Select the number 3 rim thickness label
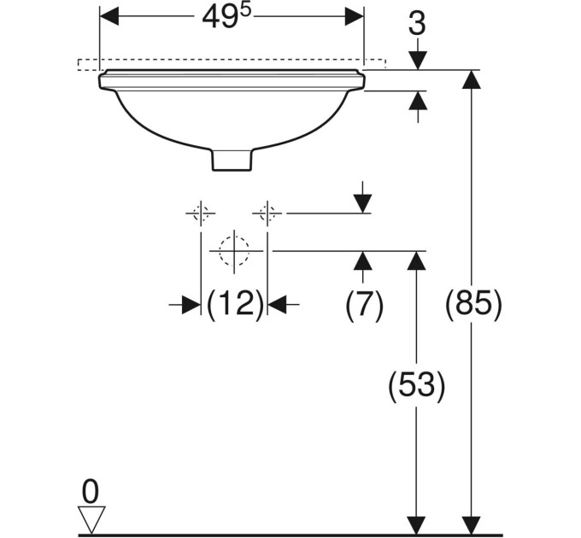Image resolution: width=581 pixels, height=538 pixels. point(417,24)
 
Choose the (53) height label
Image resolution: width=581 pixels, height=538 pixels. point(416,384)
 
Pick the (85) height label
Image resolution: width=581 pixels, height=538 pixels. point(473,302)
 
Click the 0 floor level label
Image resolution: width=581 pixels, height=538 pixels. point(91,491)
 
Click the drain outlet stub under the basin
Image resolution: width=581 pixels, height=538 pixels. point(233,160)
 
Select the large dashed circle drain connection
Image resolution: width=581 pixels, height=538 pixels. point(234,251)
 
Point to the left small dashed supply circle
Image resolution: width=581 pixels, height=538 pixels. point(201,213)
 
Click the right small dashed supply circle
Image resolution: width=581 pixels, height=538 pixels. point(267,213)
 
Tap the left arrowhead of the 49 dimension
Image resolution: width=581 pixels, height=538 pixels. point(109,17)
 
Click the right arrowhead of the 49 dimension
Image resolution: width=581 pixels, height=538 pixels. point(355,17)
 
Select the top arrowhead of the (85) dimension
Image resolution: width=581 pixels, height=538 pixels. point(472,79)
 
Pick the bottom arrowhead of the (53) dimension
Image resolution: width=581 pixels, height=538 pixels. point(416,525)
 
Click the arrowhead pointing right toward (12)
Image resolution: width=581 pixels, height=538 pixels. point(191,304)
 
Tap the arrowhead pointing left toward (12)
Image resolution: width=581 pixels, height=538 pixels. point(277,304)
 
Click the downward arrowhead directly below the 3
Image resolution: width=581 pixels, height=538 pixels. point(418,60)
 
